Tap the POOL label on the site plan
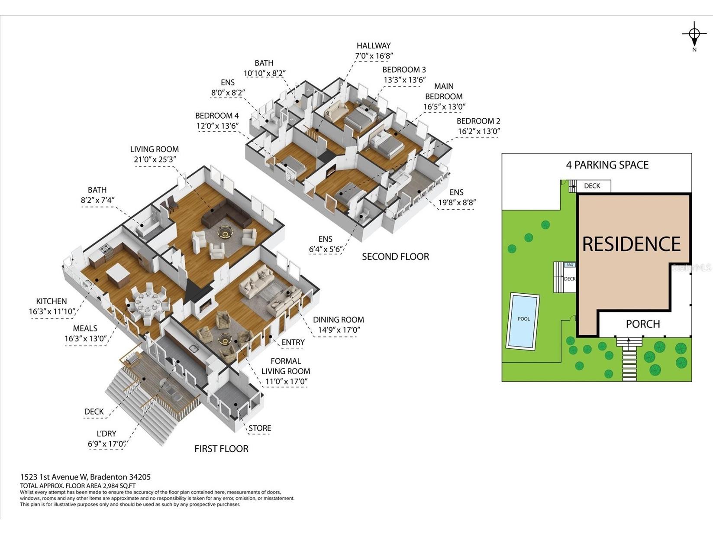click(524, 319)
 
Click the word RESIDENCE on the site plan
click(632, 244)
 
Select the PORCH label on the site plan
click(643, 324)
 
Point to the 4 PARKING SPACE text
click(607, 165)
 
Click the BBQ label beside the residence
click(570, 265)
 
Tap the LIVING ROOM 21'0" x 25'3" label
click(155, 154)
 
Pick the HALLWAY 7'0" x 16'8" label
click(374, 51)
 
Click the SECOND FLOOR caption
click(395, 257)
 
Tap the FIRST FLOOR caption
click(222, 449)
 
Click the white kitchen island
click(118, 275)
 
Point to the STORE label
click(260, 428)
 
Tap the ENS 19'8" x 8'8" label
click(457, 197)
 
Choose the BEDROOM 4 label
click(217, 120)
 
